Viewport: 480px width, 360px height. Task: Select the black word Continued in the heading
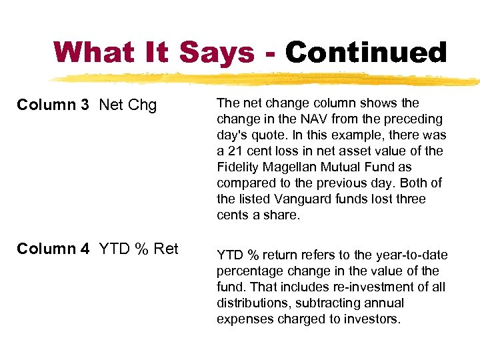pos(366,53)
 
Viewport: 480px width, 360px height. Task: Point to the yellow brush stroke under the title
pos(267,79)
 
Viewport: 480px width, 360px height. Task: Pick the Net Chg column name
pos(127,105)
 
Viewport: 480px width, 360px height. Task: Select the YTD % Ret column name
pos(139,249)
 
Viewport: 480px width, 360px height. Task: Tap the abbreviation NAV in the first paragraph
pos(311,119)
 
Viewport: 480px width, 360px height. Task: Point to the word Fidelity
pos(239,167)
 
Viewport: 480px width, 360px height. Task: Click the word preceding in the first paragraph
pos(413,119)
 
